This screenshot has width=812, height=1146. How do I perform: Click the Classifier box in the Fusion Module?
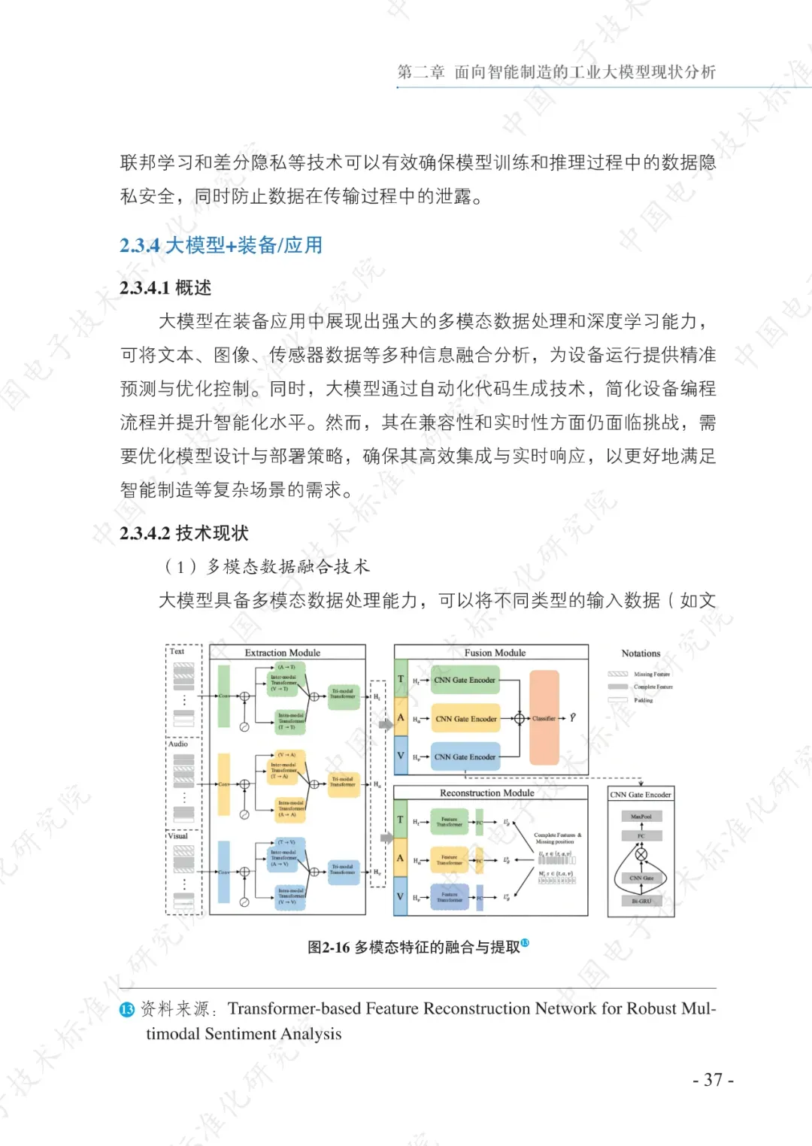click(544, 718)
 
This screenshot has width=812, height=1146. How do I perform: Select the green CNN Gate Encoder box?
click(465, 680)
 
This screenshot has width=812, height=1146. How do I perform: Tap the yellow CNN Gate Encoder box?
click(465, 719)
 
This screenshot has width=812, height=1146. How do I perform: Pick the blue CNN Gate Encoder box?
click(465, 757)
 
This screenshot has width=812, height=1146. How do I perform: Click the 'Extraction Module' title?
click(283, 653)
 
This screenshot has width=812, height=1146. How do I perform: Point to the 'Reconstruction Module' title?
click(487, 793)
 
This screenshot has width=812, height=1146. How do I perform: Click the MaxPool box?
click(641, 816)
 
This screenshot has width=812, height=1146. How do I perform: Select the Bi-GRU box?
click(641, 901)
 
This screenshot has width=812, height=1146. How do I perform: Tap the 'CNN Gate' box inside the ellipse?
click(641, 878)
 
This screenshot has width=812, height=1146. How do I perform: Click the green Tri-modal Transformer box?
click(343, 693)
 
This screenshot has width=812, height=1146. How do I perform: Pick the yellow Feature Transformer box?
click(450, 859)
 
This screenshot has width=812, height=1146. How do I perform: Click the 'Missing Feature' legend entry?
click(651, 675)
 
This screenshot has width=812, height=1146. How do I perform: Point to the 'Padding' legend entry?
click(643, 700)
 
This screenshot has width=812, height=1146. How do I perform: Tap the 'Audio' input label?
click(178, 744)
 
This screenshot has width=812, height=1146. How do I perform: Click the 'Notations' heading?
click(641, 653)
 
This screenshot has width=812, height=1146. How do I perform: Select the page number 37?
click(713, 1080)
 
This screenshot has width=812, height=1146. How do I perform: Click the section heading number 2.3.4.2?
click(144, 533)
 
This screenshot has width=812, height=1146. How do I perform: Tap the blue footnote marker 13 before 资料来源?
click(127, 1009)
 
